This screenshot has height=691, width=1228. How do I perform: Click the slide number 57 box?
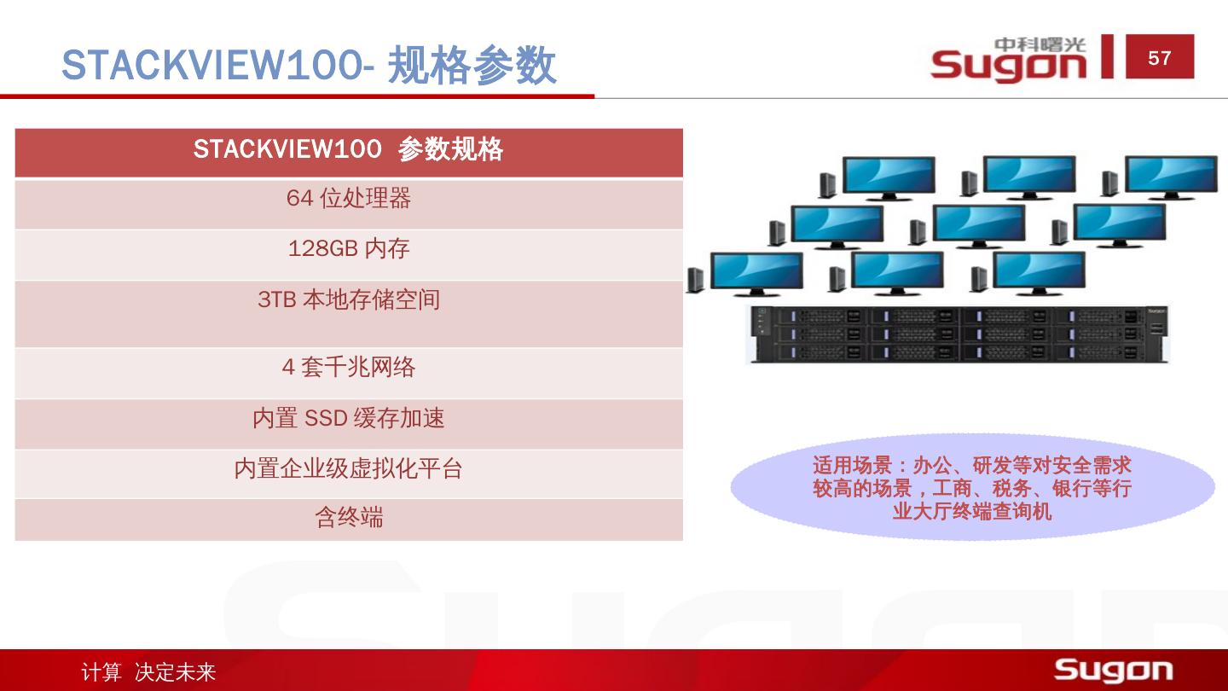click(1160, 57)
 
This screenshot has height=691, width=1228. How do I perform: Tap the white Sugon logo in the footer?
click(1113, 670)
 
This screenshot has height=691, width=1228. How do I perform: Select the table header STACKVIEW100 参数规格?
click(348, 150)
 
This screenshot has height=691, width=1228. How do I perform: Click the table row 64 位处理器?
click(348, 199)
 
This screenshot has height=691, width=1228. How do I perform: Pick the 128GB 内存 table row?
click(348, 249)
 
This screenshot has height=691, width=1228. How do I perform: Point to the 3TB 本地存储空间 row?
click(348, 300)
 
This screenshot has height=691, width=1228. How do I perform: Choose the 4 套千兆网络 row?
click(348, 368)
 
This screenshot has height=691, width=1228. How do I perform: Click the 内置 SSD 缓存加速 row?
click(348, 419)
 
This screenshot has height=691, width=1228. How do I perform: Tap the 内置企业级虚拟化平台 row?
click(348, 469)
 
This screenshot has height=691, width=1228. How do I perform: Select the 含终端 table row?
click(348, 518)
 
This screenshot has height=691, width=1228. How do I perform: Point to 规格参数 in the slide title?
click(472, 66)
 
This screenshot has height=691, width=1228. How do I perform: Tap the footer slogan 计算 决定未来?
click(148, 672)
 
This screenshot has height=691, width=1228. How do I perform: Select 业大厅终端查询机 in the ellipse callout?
click(972, 512)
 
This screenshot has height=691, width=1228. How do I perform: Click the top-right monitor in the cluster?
click(1171, 176)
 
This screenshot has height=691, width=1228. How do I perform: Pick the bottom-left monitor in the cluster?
click(756, 272)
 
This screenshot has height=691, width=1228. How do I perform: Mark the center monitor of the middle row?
click(978, 224)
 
